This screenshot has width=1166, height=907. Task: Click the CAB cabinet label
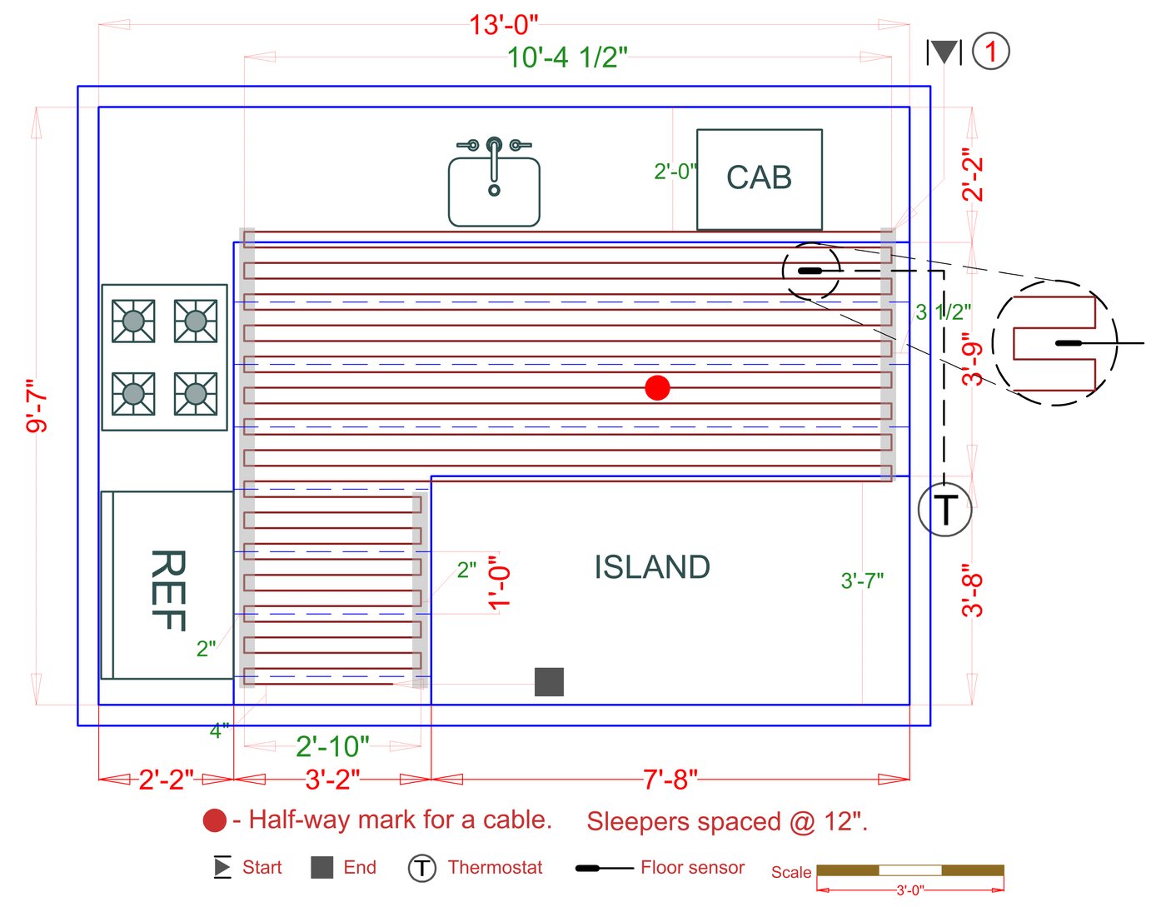coord(759,177)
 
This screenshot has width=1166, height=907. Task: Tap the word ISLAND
coord(652,567)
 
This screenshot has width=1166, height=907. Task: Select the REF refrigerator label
coord(167,590)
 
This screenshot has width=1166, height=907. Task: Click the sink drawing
coord(494,184)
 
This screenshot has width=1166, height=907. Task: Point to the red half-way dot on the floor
coord(657,387)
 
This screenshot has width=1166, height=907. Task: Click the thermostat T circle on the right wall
coord(945,509)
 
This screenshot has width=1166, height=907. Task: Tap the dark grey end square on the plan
coord(549,681)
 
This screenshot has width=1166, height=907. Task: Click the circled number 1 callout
coord(990,52)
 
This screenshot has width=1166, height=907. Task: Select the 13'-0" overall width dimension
coord(503,25)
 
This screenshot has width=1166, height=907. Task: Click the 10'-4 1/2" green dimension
coord(566,57)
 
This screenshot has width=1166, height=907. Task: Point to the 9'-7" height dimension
coord(37,406)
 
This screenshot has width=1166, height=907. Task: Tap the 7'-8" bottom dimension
coord(670,780)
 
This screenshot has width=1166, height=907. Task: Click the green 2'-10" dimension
coord(332,746)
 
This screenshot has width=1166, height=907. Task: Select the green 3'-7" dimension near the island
coord(862,581)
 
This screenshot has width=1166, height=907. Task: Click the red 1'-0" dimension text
coord(498,583)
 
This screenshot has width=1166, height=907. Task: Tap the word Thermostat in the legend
coord(495,868)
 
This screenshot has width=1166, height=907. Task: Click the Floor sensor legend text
coord(692,868)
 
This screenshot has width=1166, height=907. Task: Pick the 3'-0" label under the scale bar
coord(909,890)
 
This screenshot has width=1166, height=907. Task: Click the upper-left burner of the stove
coord(133,321)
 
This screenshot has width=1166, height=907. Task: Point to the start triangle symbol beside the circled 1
coord(944,52)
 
